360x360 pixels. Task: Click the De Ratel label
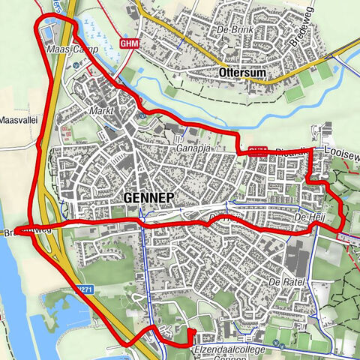[x=283, y=282]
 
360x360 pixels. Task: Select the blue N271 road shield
[x=84, y=287]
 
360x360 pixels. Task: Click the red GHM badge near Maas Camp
[x=128, y=44]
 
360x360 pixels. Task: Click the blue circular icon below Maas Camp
[x=77, y=64]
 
